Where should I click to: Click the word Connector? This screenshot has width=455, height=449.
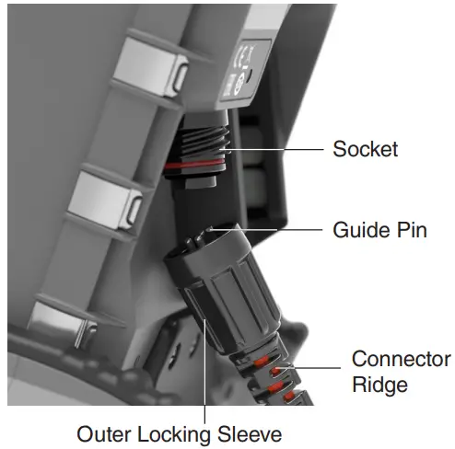pyautogui.click(x=401, y=359)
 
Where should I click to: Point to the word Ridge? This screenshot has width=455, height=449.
pyautogui.click(x=379, y=384)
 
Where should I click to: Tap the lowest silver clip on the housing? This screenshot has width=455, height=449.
pyautogui.click(x=61, y=319)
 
